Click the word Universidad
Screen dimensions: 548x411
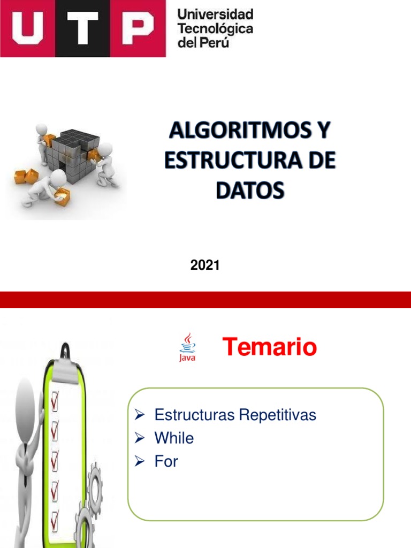pos(215,14)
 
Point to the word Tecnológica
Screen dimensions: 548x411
pos(215,29)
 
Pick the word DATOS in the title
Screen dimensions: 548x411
pos(250,190)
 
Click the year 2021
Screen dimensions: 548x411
pos(205,264)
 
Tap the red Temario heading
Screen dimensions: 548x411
pos(270,348)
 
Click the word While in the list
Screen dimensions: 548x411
pos(174,438)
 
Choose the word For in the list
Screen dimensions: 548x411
pos(166,461)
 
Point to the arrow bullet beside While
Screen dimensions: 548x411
pos(140,439)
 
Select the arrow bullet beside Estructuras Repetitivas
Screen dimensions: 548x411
pos(140,415)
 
